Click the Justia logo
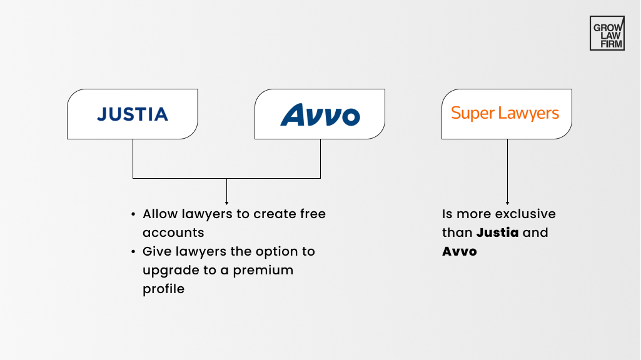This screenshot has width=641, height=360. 133,114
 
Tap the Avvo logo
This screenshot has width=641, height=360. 320,114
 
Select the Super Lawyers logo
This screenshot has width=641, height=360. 505,113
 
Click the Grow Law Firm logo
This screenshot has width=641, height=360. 607,33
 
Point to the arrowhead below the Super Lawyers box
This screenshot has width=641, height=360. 507,202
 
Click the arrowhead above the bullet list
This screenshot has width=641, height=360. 226,202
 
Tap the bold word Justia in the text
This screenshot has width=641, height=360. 498,232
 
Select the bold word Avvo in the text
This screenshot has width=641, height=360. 460,251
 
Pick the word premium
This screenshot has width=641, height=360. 267,270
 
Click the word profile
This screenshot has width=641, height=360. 163,289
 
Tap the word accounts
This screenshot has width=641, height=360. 173,232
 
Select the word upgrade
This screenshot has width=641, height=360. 167,271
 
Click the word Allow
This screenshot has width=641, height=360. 160,214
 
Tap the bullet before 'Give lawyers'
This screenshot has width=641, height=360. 133,252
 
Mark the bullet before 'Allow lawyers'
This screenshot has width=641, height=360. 133,214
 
